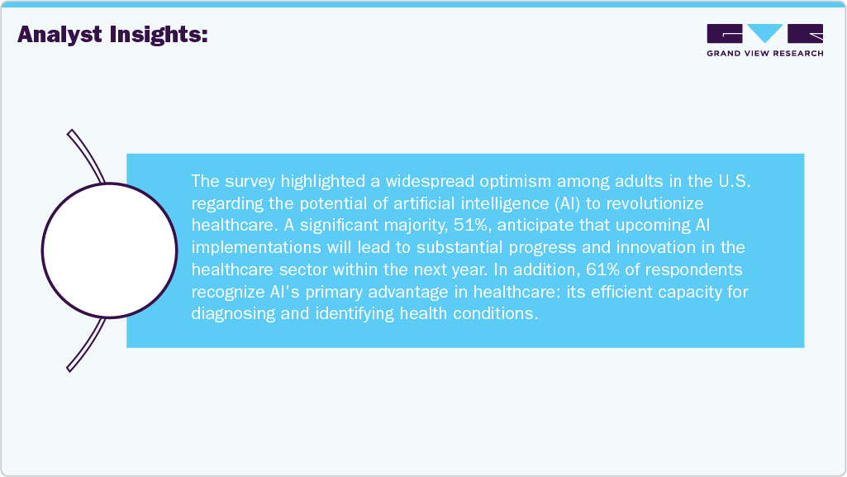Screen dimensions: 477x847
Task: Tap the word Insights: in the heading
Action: (163, 35)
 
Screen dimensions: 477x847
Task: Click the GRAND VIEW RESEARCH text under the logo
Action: (764, 54)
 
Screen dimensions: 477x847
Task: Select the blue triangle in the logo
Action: (765, 33)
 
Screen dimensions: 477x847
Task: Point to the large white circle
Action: (109, 250)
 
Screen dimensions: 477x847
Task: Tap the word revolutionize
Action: (643, 202)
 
